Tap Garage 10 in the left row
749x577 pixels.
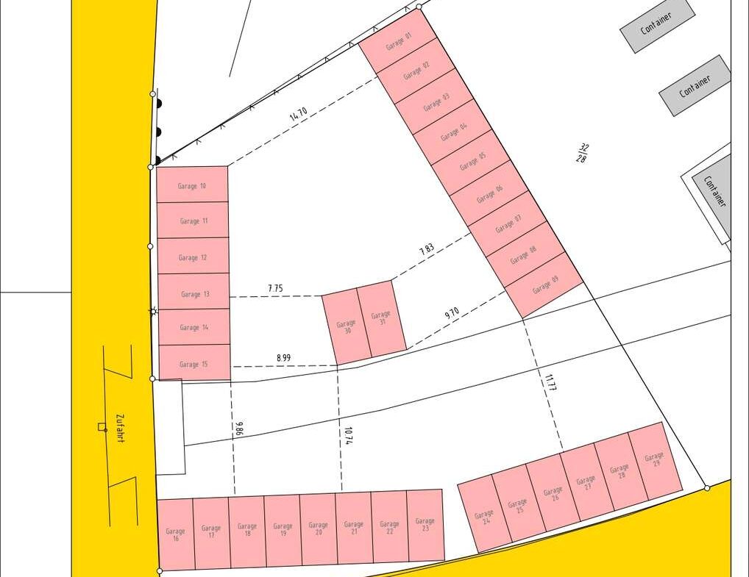point(192,186)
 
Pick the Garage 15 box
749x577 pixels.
point(194,363)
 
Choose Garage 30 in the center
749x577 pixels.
point(346,327)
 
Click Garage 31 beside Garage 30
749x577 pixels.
point(380,318)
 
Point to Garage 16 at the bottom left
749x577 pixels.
point(176,534)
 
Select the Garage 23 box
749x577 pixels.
point(425,525)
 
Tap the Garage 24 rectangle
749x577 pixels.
point(484,517)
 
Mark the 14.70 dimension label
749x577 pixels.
point(298,115)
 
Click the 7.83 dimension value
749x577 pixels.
point(427,250)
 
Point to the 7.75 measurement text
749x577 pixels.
point(274,289)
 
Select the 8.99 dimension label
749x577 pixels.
point(283,358)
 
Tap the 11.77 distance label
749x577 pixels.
point(550,383)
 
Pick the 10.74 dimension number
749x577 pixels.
point(348,436)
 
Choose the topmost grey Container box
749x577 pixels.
point(657,25)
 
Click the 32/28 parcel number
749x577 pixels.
point(582,153)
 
